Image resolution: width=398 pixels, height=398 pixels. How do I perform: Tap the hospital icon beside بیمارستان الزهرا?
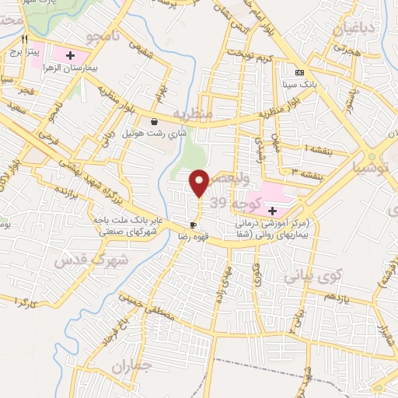coord(70,55)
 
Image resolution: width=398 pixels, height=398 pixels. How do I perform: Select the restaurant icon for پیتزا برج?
coord(25,38)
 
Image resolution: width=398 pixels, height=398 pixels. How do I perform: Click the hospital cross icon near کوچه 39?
coord(272,210)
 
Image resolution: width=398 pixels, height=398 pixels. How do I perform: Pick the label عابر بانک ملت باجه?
coord(124,220)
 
